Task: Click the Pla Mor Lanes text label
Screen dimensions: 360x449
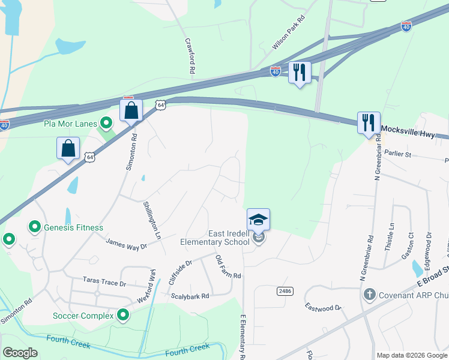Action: (x=70, y=124)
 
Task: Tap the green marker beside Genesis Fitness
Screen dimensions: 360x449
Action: (x=35, y=227)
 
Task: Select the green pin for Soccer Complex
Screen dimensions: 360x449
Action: (x=123, y=315)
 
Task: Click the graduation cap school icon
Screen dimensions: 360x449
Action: (x=258, y=219)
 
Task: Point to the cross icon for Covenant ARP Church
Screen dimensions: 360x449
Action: (x=370, y=295)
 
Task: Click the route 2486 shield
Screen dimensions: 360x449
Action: (x=285, y=290)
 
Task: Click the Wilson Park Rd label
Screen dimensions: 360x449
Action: (x=289, y=35)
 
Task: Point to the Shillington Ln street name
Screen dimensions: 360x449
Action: (x=152, y=220)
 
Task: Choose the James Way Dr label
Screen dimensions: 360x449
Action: (x=127, y=243)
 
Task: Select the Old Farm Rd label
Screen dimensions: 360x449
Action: (x=228, y=267)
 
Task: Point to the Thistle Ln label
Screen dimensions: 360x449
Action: (x=392, y=233)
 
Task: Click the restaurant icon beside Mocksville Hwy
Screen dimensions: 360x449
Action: (x=368, y=123)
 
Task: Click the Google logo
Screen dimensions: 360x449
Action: (x=20, y=353)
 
